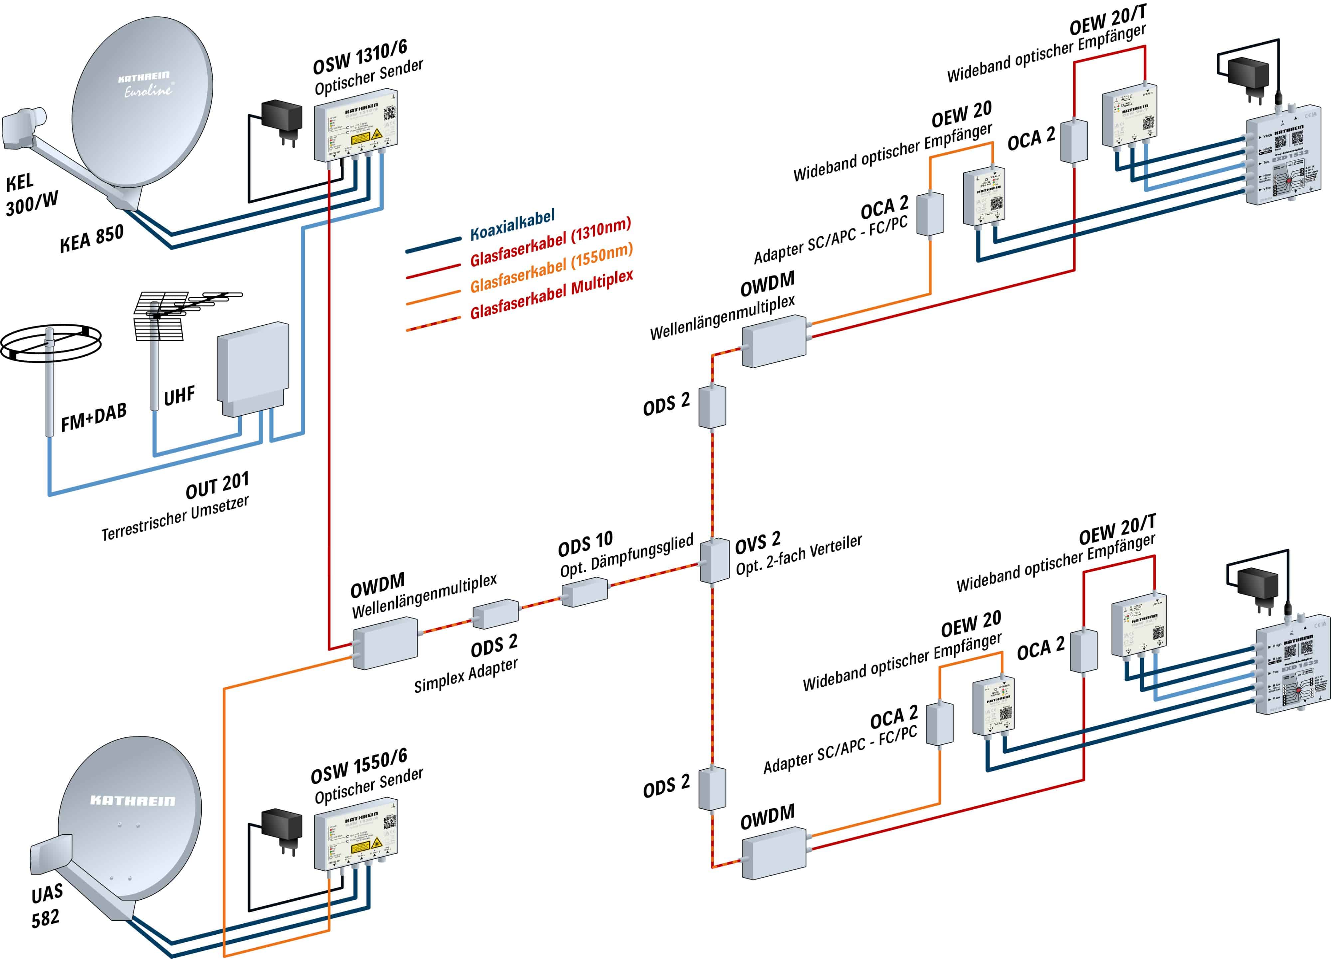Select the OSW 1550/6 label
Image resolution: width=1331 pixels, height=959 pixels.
359,766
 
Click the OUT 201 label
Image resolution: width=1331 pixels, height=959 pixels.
217,485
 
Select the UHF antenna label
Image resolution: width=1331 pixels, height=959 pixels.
179,396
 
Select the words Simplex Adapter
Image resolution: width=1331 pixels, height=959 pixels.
466,675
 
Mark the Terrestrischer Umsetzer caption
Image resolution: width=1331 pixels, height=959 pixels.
175,518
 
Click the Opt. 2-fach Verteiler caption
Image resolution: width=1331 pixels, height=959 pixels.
799,555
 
